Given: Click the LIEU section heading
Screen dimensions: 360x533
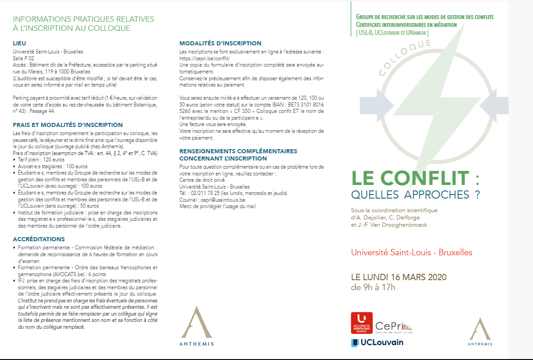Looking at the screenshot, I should (19, 44).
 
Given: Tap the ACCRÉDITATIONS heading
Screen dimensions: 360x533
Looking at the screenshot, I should (39, 239).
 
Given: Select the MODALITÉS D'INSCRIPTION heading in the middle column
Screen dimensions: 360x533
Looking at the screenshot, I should (220, 44).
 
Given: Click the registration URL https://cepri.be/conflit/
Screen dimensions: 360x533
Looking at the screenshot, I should (205, 58).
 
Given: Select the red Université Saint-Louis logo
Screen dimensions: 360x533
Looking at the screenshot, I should (362, 323).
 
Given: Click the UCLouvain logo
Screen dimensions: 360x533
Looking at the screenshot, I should (377, 342).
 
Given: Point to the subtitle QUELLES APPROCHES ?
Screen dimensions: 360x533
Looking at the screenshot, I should (415, 195).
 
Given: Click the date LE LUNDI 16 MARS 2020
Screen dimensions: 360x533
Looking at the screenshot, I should (399, 277).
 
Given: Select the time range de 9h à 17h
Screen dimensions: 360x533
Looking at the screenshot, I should (373, 287).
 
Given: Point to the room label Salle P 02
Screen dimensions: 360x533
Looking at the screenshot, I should (23, 58).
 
